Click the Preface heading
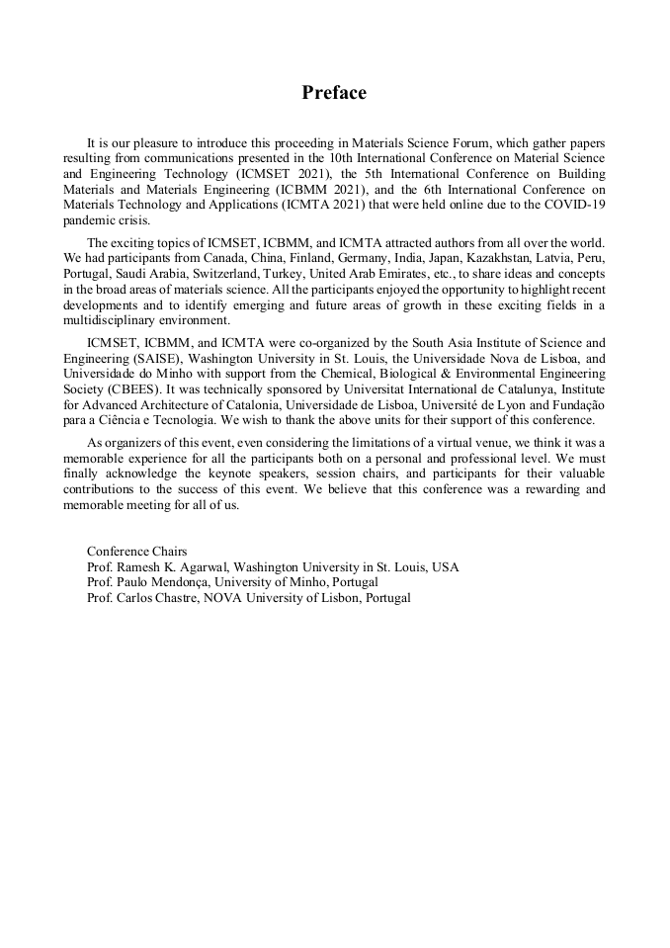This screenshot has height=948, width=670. pyautogui.click(x=334, y=93)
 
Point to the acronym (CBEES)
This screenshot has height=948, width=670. pyautogui.click(x=128, y=390)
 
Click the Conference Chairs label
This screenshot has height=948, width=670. pyautogui.click(x=136, y=551)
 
